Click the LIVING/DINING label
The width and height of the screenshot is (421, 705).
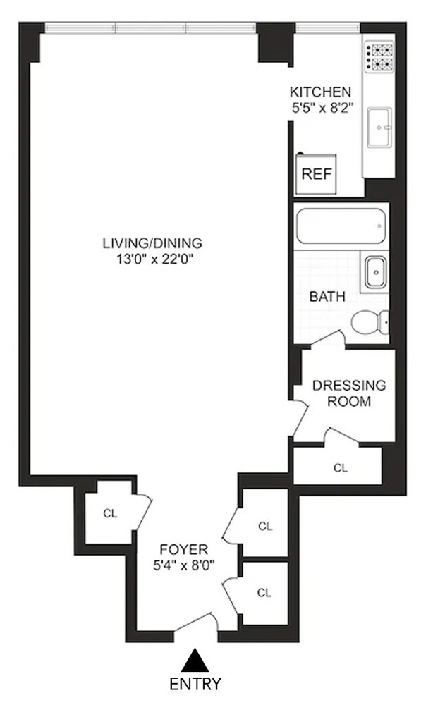coord(152,243)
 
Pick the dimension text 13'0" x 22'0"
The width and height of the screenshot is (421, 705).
coord(152,259)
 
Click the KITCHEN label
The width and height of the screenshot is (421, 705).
coord(321,92)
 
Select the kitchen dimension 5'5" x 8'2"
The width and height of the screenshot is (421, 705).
coord(321,108)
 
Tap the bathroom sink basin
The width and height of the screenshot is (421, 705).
coord(374,270)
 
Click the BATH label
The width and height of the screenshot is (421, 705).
coord(327,297)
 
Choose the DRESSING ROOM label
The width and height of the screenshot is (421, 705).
coord(349,393)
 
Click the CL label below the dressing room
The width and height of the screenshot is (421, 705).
coord(341,467)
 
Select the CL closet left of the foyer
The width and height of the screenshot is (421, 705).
coord(109,513)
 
